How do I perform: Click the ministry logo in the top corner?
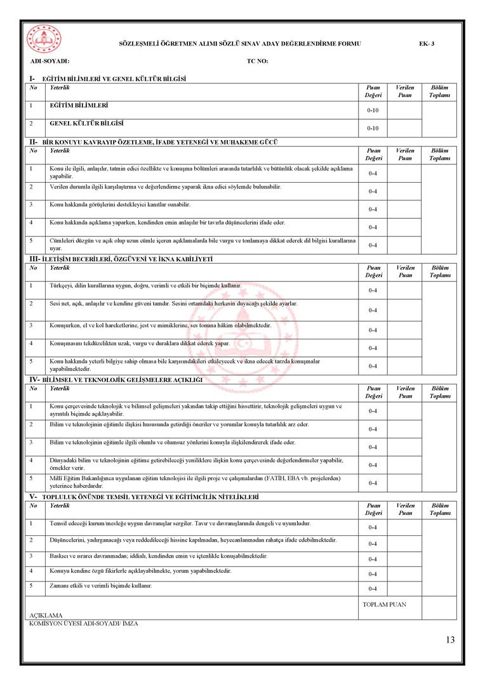[x=44, y=39]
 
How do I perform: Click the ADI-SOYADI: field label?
[x=50, y=62]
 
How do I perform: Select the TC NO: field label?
[x=258, y=62]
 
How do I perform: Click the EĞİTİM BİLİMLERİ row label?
[x=79, y=105]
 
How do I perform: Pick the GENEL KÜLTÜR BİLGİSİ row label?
[x=86, y=123]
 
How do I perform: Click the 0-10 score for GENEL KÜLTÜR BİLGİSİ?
[x=373, y=128]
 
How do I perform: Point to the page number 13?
[x=450, y=640]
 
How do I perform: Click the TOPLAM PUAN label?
[x=384, y=604]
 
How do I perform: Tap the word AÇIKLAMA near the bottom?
[x=46, y=615]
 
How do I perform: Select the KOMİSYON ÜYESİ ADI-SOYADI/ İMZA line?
[x=84, y=623]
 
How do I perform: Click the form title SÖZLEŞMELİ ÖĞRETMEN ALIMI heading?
[x=240, y=44]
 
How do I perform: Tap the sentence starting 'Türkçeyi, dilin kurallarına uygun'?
[x=145, y=285]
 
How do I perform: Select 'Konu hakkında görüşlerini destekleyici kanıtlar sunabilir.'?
[x=120, y=204]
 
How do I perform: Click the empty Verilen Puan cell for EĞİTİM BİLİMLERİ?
[x=404, y=110]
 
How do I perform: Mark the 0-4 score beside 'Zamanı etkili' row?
[x=373, y=589]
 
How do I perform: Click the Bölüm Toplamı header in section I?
[x=439, y=91]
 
